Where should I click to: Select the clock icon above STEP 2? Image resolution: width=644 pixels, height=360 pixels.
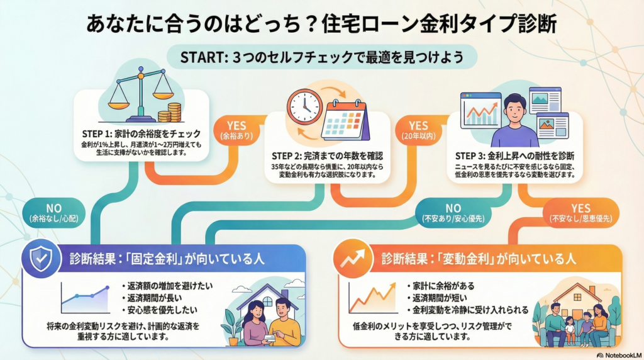[x=304, y=106]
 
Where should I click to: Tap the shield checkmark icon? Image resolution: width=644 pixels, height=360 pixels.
[x=42, y=257]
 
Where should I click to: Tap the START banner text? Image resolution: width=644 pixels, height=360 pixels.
[x=321, y=57]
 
